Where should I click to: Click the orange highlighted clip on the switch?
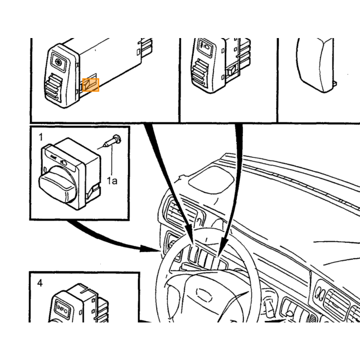pyautogui.click(x=91, y=85)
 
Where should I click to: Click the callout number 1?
pyautogui.click(x=41, y=137)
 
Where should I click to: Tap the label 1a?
pyautogui.click(x=112, y=181)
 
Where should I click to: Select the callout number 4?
pyautogui.click(x=40, y=283)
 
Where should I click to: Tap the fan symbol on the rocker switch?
pyautogui.click(x=59, y=61)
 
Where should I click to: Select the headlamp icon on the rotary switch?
pyautogui.click(x=64, y=163)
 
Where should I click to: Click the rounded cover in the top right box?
pyautogui.click(x=315, y=65)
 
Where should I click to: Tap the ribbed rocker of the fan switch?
pyautogui.click(x=53, y=88)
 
